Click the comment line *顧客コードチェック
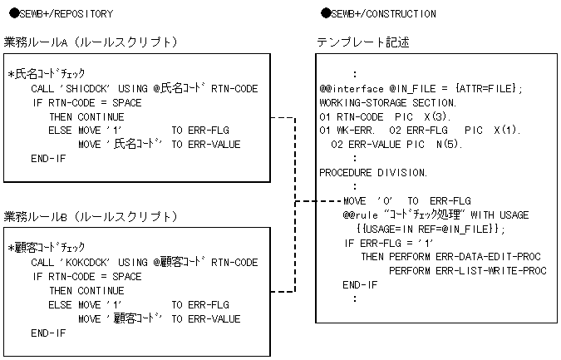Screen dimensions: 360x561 pos(47,249)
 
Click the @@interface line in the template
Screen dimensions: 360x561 pos(421,88)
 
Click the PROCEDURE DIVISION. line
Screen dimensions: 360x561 pos(373,172)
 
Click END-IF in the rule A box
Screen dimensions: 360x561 pos(48,158)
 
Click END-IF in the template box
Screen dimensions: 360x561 pos(360,284)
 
